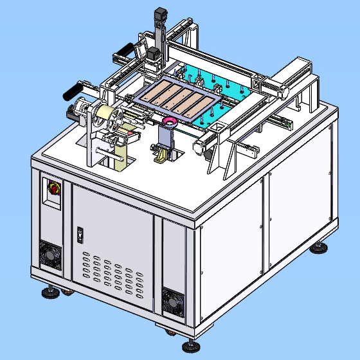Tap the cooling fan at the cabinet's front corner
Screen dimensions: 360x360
click(173, 301)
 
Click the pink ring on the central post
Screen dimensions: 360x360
click(170, 122)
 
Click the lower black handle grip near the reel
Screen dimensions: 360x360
click(75, 90)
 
